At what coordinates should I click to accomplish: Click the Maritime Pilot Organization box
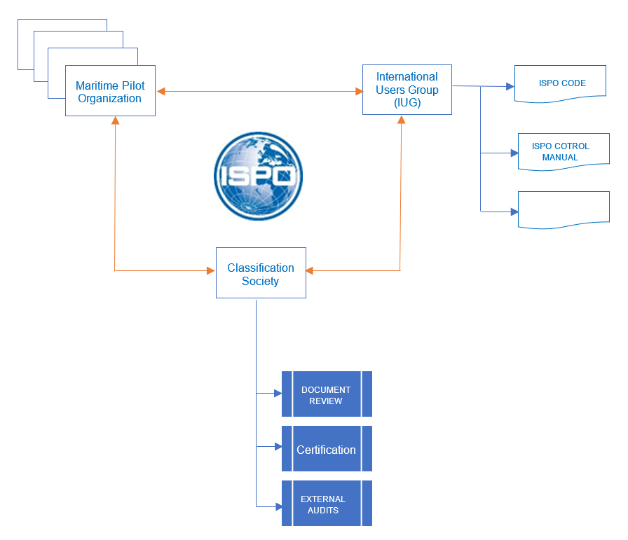(x=110, y=91)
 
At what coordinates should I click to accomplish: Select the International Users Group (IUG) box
(x=407, y=90)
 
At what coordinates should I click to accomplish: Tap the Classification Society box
(x=261, y=273)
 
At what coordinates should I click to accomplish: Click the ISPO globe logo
(x=258, y=176)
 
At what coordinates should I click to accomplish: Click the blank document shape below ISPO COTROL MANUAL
(x=564, y=209)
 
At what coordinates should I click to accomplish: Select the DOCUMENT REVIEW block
(x=327, y=394)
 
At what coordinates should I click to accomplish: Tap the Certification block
(x=327, y=449)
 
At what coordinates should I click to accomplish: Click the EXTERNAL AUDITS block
(x=327, y=504)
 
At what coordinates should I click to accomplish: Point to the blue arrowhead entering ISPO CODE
(x=510, y=87)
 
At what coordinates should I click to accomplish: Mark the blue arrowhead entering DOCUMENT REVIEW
(x=278, y=394)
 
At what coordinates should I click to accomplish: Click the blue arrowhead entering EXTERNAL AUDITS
(x=278, y=505)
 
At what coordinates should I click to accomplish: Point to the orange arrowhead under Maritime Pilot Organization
(x=115, y=120)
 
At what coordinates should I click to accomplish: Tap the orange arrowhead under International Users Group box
(x=402, y=119)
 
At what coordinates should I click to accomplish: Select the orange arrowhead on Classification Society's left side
(x=210, y=270)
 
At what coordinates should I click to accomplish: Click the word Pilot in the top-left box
(x=129, y=85)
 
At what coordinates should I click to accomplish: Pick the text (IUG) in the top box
(x=407, y=102)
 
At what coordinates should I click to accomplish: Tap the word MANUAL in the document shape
(x=560, y=158)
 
